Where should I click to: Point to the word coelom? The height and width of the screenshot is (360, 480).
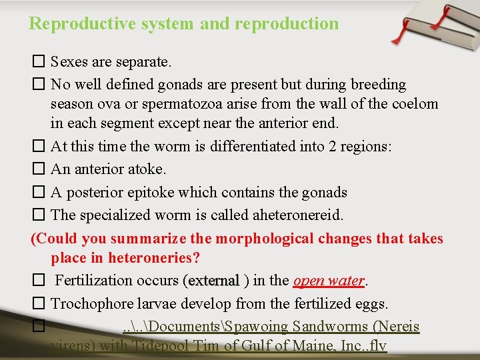point(416,104)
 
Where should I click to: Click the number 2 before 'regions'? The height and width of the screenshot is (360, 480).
point(333,146)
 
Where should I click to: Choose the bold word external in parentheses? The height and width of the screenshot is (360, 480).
point(213,281)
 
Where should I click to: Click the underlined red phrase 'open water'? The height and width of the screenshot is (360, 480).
point(329,281)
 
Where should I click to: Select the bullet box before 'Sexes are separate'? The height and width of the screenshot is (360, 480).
point(38,63)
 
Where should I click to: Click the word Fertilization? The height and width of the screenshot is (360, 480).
point(95,281)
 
